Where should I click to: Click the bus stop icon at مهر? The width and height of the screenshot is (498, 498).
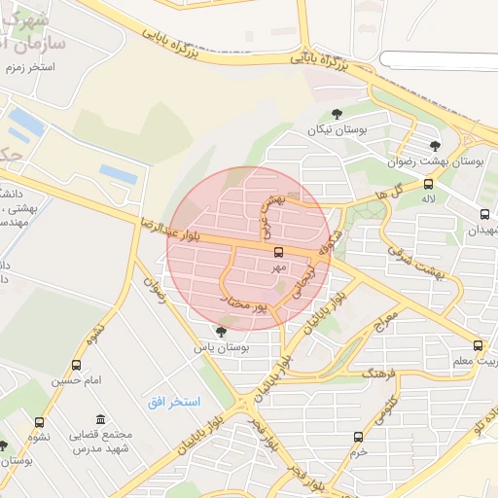pos(280,252)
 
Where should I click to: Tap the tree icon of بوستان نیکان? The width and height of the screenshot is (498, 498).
pos(337,114)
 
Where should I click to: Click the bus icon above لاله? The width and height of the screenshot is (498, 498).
pos(428,183)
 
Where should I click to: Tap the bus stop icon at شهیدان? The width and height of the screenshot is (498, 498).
pos(484,214)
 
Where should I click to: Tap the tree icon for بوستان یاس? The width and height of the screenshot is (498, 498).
pos(221,332)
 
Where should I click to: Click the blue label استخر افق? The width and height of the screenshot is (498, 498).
pos(174,402)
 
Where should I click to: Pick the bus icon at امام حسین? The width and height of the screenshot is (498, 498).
pos(76,365)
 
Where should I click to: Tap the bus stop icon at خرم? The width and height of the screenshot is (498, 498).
pos(358,437)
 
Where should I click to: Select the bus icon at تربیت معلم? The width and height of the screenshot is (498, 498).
pos(477,345)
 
